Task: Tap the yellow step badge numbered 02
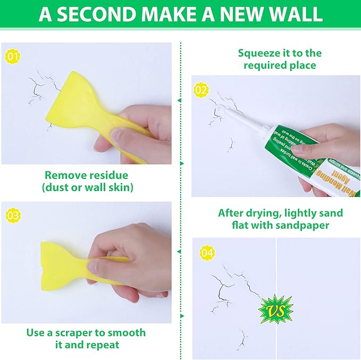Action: tap(201, 90)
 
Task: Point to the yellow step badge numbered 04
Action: tap(207, 253)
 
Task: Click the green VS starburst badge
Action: tap(275, 307)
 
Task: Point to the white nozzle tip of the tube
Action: tap(218, 110)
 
